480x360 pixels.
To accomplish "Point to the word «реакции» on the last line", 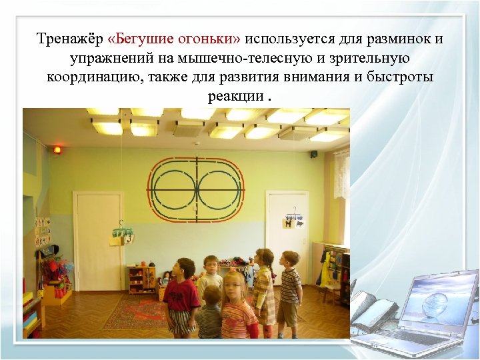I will tap(235, 96).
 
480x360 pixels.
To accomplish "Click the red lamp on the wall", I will tap(57, 149).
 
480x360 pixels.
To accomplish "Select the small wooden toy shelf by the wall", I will tap(141, 279).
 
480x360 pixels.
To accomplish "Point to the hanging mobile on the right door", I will tap(293, 220).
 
